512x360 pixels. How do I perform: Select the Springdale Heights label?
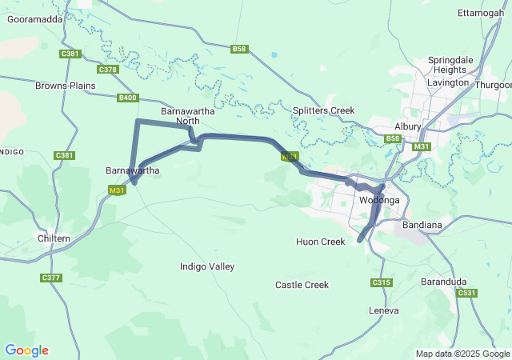450,66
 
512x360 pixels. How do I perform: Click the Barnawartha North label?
180,115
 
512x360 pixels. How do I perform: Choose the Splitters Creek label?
322,110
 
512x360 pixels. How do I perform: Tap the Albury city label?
407,126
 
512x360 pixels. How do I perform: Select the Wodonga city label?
379,200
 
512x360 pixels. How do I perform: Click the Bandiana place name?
422,225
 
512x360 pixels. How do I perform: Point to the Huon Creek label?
320,242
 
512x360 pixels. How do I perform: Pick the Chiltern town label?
54,238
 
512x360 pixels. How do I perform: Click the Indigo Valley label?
207,266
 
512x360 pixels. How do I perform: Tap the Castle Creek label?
302,285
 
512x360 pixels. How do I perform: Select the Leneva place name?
383,310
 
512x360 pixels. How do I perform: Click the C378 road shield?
108,70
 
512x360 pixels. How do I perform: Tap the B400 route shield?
127,98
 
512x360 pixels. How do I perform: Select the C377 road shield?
50,278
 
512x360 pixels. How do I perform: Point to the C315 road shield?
381,282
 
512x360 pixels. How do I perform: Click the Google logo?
26,350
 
